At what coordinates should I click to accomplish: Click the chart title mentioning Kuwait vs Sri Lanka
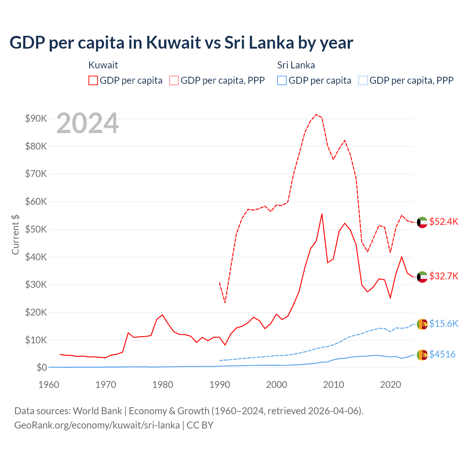click(x=181, y=43)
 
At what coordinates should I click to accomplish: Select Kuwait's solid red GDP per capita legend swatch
click(x=93, y=80)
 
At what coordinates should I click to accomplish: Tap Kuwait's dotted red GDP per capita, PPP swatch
click(x=174, y=80)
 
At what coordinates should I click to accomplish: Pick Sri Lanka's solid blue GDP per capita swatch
click(x=282, y=80)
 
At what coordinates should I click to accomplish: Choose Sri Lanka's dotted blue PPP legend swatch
click(x=363, y=80)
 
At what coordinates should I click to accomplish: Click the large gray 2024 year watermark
click(x=88, y=123)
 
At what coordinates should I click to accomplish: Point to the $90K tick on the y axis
click(x=36, y=118)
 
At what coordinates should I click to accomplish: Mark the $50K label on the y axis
click(x=36, y=229)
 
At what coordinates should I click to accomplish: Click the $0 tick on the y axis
click(x=41, y=367)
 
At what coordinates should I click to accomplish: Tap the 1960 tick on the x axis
click(x=49, y=385)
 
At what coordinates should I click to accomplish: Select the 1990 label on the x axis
click(x=220, y=385)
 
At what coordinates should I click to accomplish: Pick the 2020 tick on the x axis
click(x=390, y=385)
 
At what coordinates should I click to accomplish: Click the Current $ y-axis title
click(x=15, y=235)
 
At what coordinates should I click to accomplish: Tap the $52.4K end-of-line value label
click(x=444, y=222)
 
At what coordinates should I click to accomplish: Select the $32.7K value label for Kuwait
click(x=444, y=276)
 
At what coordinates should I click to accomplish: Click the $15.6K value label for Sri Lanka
click(x=444, y=324)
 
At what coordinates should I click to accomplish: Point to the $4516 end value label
click(x=442, y=354)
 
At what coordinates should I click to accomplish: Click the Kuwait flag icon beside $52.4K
click(x=422, y=222)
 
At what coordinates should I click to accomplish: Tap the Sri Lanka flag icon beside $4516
click(x=422, y=355)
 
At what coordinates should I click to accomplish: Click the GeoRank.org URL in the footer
click(x=97, y=425)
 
